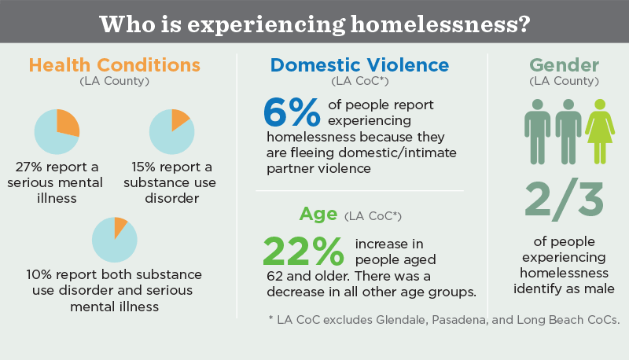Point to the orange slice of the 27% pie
67,123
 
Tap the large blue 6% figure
292,113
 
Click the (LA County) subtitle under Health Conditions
115,81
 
